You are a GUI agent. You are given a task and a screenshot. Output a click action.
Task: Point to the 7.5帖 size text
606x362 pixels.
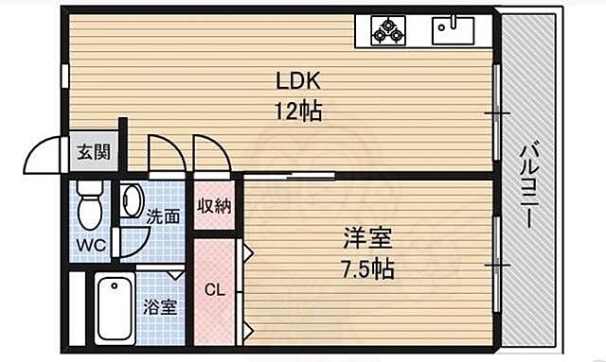click(369, 267)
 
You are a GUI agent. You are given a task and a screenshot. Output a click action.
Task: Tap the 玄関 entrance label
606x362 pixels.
click(93, 152)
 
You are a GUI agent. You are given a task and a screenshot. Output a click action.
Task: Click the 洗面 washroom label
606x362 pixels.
click(163, 215)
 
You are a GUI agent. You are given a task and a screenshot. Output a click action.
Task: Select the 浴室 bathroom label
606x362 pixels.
click(158, 305)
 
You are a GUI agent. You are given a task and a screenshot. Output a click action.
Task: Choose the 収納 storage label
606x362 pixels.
click(212, 207)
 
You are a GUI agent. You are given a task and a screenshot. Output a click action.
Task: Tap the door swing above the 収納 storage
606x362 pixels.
click(210, 154)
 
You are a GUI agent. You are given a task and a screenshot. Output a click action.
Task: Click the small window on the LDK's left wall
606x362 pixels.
click(65, 75)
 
